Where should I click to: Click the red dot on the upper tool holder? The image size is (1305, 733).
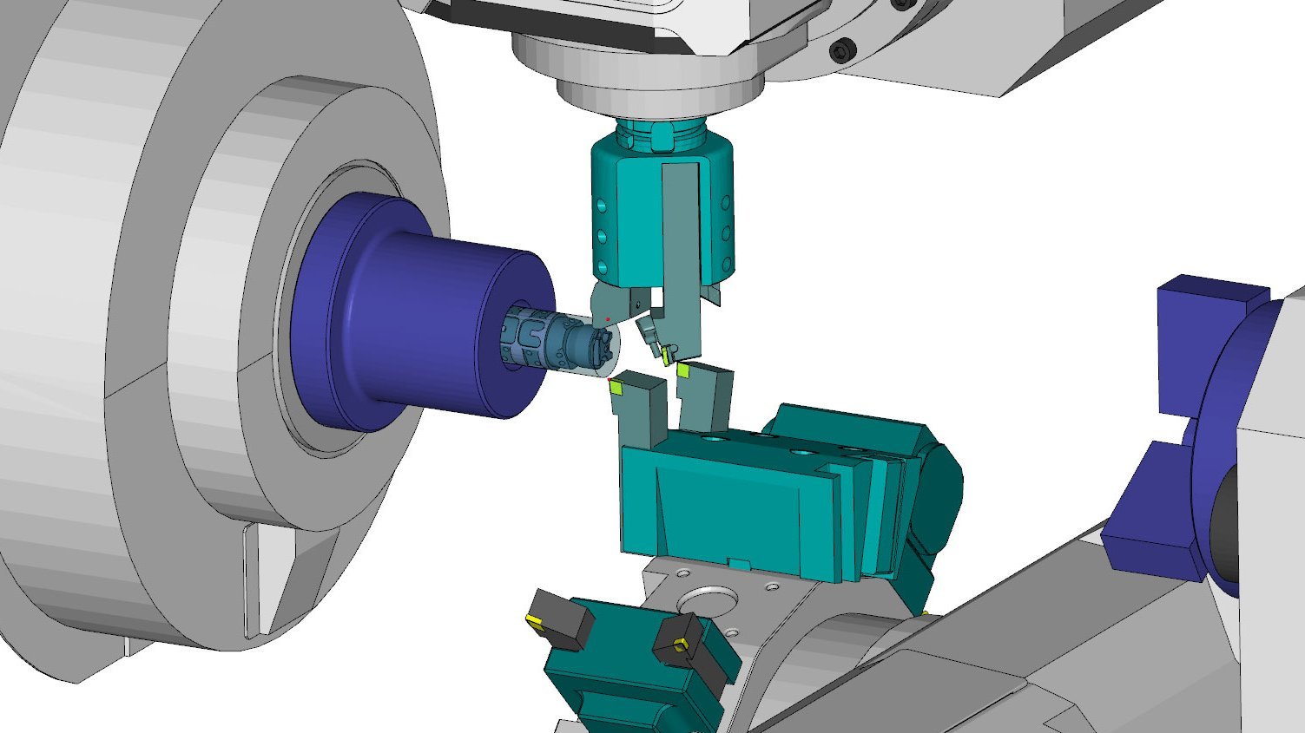608,319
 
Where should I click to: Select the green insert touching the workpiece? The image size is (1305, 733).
616,388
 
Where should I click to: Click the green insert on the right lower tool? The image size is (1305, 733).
683,370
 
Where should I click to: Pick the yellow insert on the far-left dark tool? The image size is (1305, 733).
532,619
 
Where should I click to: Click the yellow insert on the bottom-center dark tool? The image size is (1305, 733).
679,644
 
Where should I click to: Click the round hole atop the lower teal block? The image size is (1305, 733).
714,440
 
